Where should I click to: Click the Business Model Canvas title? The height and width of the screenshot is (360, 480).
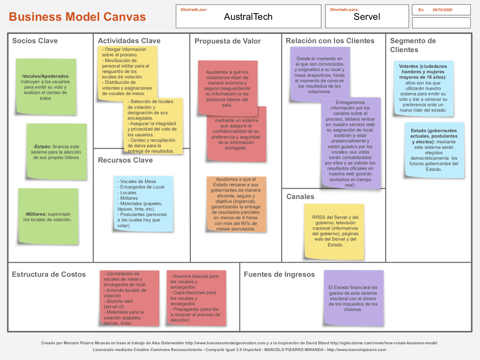click(x=77, y=17)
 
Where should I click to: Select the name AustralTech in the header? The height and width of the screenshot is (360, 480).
click(x=248, y=17)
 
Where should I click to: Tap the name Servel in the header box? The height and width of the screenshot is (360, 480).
click(x=367, y=17)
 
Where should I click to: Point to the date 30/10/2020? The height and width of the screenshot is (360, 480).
click(x=442, y=10)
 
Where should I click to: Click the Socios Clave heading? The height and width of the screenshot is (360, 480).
click(x=35, y=41)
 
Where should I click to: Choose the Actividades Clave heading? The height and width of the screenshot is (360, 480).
click(x=129, y=41)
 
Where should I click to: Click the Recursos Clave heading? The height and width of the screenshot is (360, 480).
click(x=125, y=160)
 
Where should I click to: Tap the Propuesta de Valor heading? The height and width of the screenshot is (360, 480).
click(x=228, y=41)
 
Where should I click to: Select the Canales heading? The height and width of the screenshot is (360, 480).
click(x=300, y=196)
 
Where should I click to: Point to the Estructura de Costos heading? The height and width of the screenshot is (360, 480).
click(x=49, y=274)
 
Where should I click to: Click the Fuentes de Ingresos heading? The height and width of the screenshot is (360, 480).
click(x=279, y=274)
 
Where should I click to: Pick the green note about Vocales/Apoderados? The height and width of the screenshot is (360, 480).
click(x=46, y=87)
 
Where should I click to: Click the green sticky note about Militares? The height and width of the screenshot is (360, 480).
click(x=48, y=217)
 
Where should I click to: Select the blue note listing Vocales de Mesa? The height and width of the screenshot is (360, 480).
click(x=143, y=204)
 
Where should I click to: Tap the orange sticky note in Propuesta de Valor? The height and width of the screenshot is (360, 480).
click(x=236, y=204)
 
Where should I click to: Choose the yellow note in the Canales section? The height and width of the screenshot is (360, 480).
click(x=334, y=231)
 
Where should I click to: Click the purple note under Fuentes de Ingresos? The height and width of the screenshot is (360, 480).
click(x=353, y=298)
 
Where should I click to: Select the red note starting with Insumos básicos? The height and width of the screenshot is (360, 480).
click(x=196, y=298)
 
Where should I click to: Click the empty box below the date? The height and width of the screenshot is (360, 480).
click(x=441, y=23)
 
